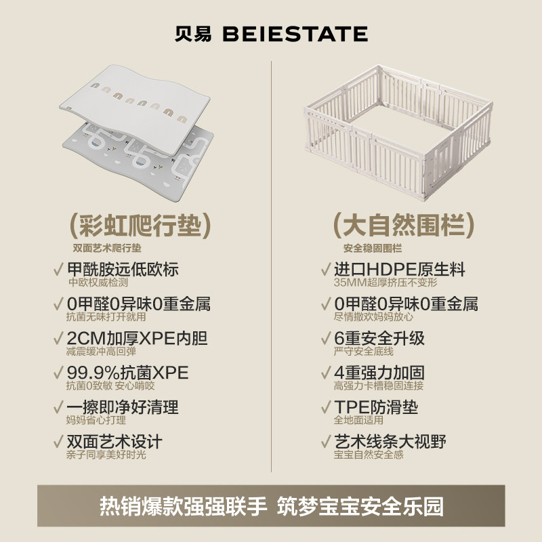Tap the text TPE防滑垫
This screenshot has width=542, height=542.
[376, 408]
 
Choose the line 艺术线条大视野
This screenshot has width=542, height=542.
[390, 442]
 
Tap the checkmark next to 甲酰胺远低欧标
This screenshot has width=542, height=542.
[57, 269]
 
